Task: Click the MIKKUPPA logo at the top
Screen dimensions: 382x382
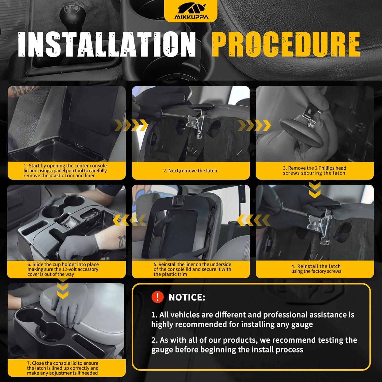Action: tap(191, 12)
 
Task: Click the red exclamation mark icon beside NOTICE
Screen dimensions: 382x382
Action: tap(157, 297)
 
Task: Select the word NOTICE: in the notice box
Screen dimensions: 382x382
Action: tap(187, 297)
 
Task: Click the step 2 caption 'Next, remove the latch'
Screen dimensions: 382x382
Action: tap(190, 171)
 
